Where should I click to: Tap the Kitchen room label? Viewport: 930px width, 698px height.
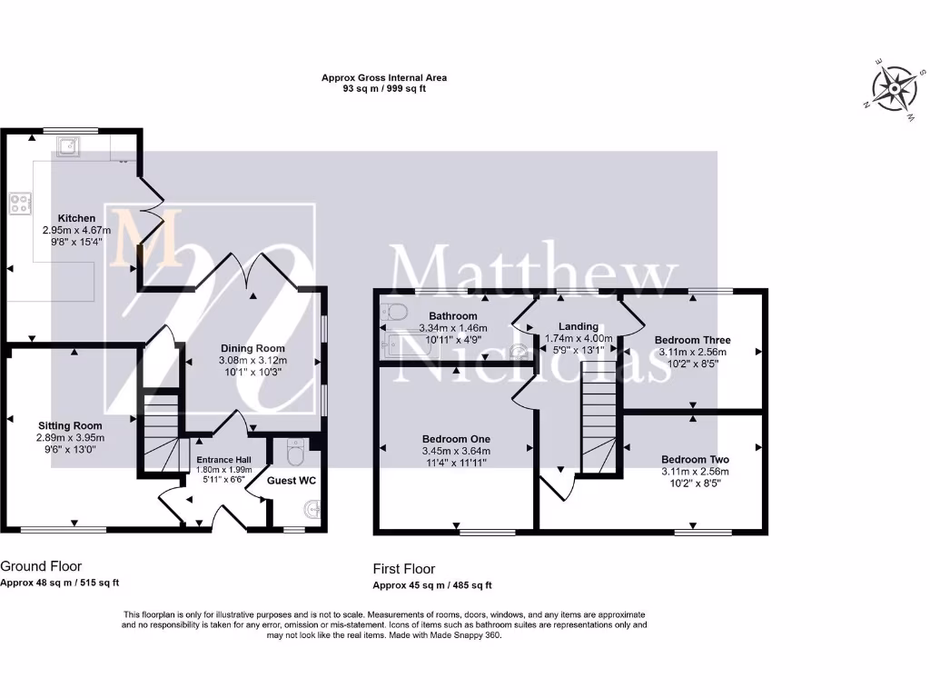click(77, 219)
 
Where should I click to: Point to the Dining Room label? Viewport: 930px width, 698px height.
click(252, 348)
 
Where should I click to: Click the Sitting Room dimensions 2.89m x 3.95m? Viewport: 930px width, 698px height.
click(70, 438)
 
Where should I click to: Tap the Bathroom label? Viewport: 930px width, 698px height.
click(428, 315)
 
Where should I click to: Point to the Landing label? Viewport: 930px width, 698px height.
click(578, 326)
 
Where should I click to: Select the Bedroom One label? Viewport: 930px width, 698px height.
click(455, 437)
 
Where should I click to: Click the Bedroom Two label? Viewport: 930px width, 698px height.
click(695, 459)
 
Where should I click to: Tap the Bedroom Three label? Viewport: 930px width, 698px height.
click(692, 340)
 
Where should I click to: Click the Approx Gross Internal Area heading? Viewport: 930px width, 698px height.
click(383, 78)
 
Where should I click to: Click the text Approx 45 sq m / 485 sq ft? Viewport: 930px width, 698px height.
click(432, 586)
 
